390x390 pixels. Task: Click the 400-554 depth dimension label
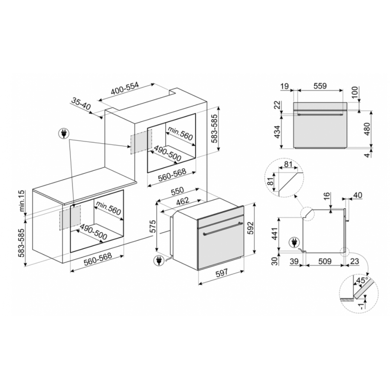124,89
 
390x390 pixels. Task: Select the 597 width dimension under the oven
222,273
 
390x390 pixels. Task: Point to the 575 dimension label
153,226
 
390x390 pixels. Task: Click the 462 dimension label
183,201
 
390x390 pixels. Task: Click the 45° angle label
362,280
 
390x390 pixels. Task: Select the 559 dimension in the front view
320,86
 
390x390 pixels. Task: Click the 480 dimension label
367,129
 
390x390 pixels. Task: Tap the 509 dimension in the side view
325,261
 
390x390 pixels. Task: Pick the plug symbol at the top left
64,133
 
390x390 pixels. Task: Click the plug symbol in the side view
294,243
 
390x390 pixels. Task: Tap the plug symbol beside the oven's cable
158,261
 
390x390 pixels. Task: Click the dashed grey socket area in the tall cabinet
141,142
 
